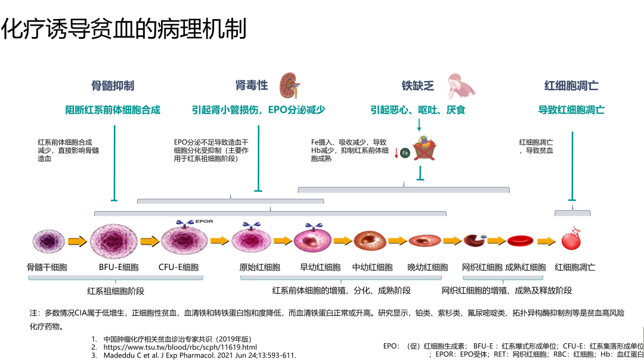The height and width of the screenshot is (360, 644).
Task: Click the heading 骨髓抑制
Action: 113,86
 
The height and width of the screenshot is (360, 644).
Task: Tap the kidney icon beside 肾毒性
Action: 290,84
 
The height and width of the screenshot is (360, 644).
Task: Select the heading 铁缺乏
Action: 417,86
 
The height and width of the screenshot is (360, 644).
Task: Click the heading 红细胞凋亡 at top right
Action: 571,86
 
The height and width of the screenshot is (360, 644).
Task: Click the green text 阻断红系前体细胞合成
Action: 113,110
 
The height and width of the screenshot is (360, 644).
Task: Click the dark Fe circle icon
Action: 405,153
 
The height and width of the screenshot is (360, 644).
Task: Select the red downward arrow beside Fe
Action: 396,153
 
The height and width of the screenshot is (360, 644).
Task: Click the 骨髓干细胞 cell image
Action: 48,241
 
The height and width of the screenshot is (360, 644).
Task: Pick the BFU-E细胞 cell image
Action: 114,241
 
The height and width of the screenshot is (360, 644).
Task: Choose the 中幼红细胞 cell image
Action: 370,241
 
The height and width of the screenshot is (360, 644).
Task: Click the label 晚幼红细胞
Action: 428,267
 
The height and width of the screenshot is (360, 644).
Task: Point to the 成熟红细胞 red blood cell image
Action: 524,241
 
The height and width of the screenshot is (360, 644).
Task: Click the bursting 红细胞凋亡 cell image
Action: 571,240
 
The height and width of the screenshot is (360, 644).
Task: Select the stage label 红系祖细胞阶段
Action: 116,291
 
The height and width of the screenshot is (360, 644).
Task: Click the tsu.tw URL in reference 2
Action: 180,347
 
